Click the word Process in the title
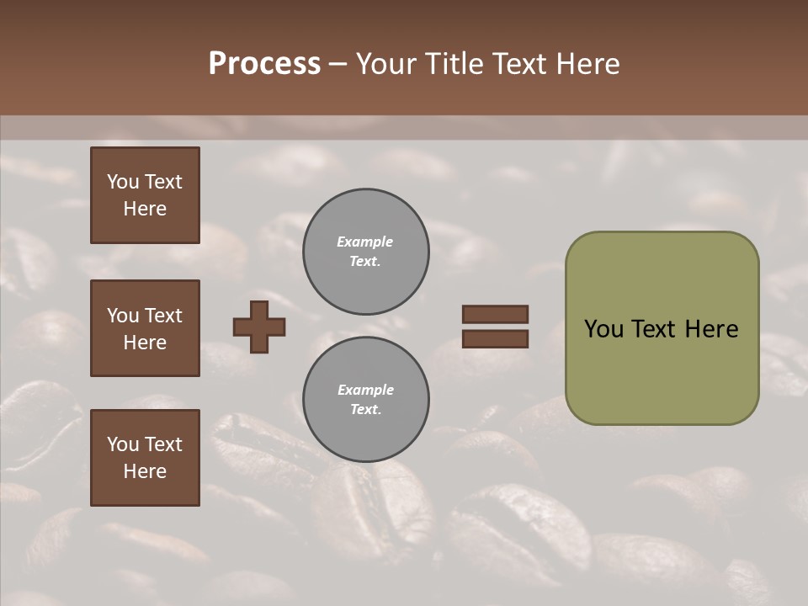264,64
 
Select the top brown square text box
145,195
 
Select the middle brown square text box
145,328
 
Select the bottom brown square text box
145,458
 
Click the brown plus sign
259,327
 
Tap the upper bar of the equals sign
495,314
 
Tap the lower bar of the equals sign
495,338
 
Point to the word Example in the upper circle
364,242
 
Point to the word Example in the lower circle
365,390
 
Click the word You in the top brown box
121,182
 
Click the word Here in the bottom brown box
145,471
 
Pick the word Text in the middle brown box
163,316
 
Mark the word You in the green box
603,329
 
